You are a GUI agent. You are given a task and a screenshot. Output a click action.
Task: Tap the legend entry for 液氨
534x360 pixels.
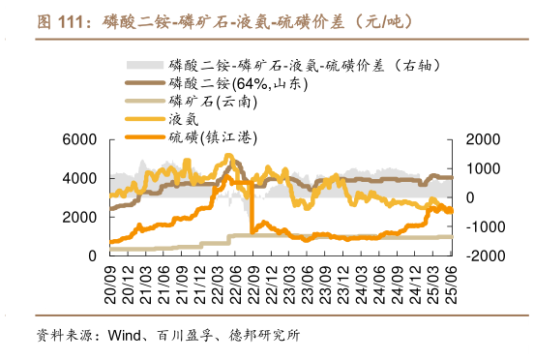(x=186, y=118)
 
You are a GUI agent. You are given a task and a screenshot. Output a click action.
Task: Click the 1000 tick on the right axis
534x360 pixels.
(x=478, y=168)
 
